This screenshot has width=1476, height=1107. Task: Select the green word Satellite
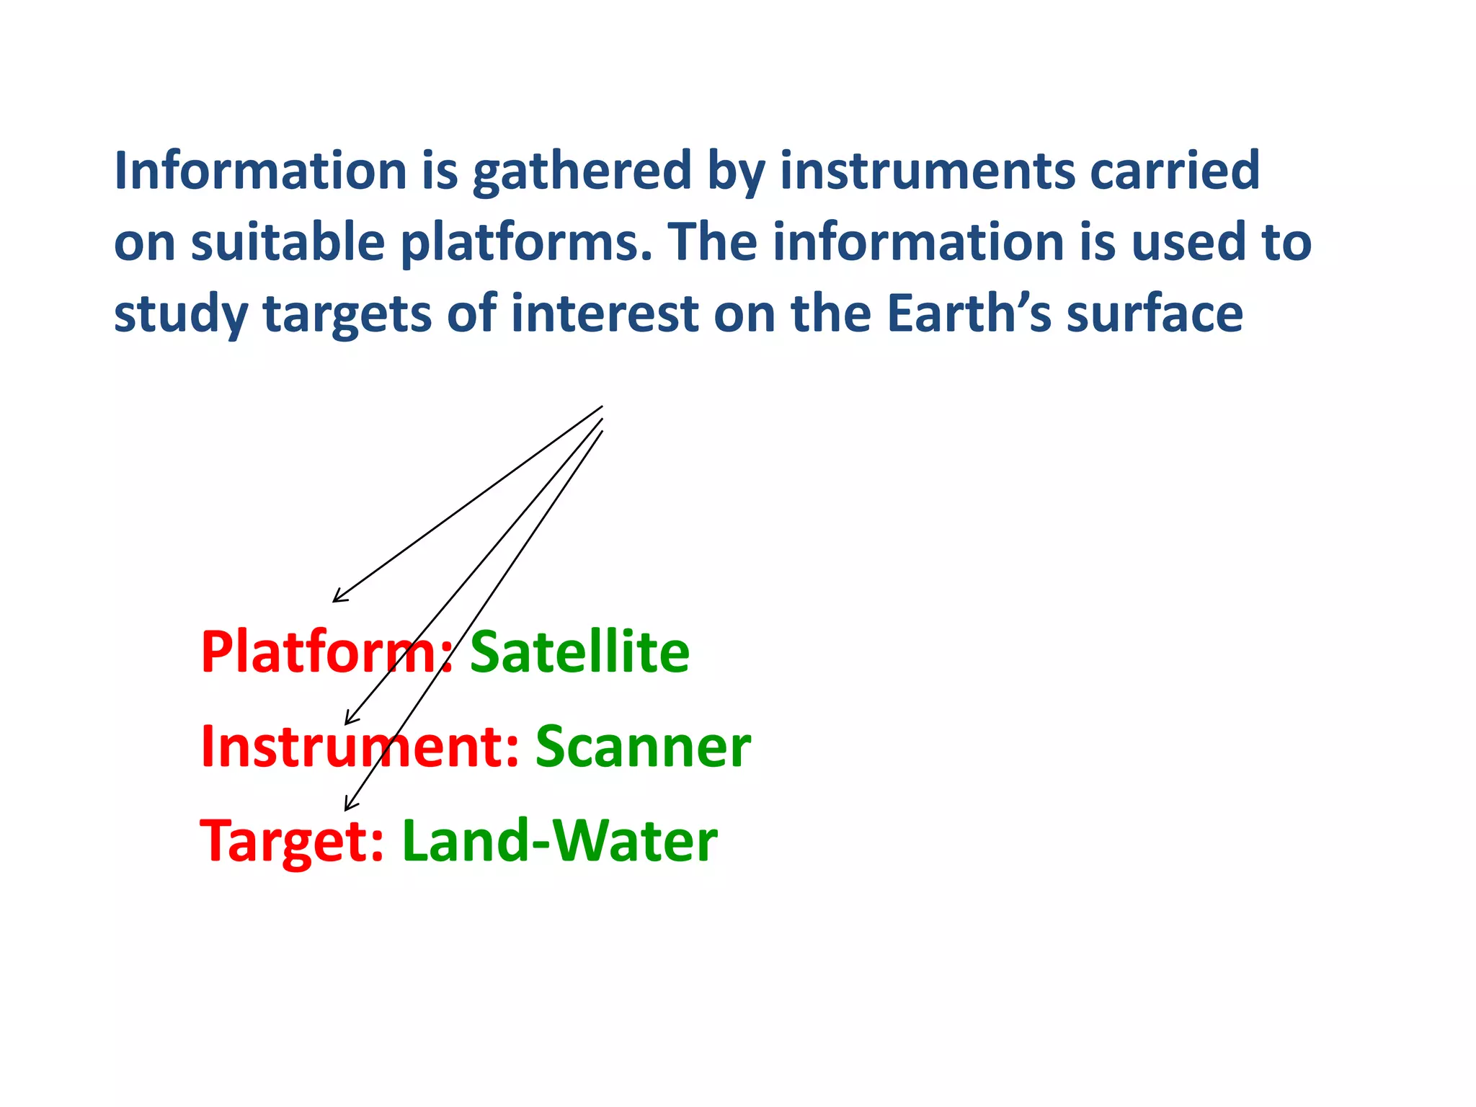click(579, 653)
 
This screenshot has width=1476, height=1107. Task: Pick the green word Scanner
click(643, 747)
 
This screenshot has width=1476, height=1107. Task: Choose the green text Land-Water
click(559, 842)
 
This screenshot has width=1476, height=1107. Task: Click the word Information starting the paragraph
click(261, 172)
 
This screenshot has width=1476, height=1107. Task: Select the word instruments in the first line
click(928, 172)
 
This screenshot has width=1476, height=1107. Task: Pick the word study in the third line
click(181, 315)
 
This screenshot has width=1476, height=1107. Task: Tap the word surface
click(1155, 315)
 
